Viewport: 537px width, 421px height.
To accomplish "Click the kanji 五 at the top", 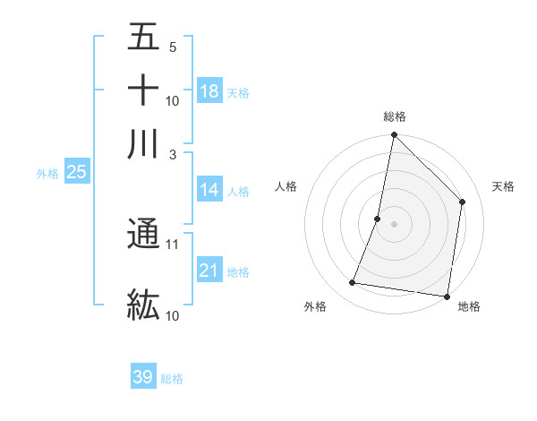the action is click(143, 38).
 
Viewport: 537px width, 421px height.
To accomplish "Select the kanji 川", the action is click(143, 144).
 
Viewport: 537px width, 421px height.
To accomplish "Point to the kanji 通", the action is click(143, 235).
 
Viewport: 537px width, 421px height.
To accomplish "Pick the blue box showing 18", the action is click(209, 90).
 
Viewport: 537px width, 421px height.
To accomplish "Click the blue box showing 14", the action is click(209, 190).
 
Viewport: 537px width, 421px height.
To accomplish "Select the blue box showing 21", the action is click(209, 271).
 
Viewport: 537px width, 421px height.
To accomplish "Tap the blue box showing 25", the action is click(76, 172).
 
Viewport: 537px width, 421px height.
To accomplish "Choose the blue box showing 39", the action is click(143, 377).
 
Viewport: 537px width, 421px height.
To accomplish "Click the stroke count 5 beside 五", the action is click(173, 47).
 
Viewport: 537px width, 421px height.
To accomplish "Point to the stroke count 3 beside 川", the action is click(173, 154).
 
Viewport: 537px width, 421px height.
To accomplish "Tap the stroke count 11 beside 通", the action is click(173, 244).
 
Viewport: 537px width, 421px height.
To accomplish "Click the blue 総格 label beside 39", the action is click(172, 379).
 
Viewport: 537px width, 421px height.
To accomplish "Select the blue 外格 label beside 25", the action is click(47, 174).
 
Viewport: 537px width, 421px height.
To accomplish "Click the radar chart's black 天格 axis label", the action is click(503, 186).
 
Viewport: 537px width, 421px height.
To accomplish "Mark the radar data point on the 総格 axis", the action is click(394, 135).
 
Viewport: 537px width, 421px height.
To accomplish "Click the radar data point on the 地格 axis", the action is click(447, 296).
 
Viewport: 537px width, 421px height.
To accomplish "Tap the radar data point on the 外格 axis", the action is click(353, 283).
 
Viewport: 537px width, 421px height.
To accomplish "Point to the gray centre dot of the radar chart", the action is click(394, 224).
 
